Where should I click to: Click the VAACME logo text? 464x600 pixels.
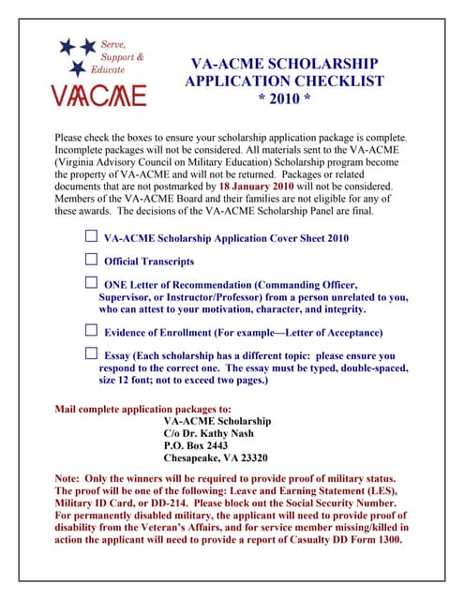pyautogui.click(x=98, y=95)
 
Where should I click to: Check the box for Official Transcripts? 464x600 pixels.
pyautogui.click(x=91, y=260)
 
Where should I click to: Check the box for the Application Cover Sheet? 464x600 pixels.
pyautogui.click(x=91, y=237)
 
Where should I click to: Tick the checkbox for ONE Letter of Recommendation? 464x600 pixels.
pyautogui.click(x=91, y=282)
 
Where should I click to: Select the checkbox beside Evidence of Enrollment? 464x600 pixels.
pyautogui.click(x=91, y=331)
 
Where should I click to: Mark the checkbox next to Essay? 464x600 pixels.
pyautogui.click(x=91, y=354)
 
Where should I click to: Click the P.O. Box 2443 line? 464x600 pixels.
pyautogui.click(x=195, y=445)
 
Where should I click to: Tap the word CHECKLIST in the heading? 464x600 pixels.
pyautogui.click(x=337, y=82)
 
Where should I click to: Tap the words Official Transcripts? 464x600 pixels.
pyautogui.click(x=149, y=261)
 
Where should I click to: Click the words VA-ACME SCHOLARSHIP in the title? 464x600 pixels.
pyautogui.click(x=284, y=64)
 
